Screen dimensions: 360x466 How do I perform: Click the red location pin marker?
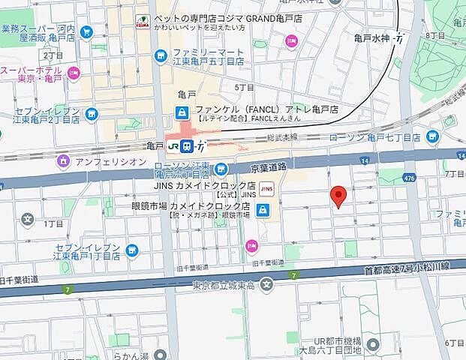(338, 195)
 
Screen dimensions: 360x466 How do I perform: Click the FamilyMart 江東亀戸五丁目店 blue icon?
(160, 55)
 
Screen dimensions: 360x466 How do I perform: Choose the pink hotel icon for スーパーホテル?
(73, 73)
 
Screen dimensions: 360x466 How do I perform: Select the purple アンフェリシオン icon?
(65, 160)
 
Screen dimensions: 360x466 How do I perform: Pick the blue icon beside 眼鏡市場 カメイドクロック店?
(262, 211)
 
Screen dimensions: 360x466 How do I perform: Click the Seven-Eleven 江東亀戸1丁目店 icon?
(132, 250)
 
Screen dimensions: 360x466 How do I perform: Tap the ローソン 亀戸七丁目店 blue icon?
(432, 136)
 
